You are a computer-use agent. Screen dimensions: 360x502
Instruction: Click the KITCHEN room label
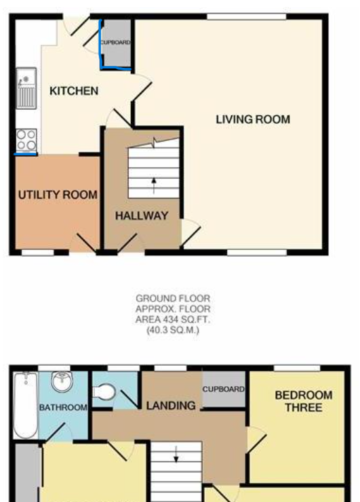coord(74,91)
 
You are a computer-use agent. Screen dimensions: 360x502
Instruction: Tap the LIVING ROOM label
coord(253,119)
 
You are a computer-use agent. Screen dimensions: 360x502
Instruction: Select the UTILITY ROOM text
coord(58,194)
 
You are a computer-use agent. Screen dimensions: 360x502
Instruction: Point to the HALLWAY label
coord(142,216)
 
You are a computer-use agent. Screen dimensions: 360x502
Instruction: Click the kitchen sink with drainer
coord(26,88)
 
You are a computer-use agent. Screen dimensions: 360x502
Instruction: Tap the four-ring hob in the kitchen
coord(26,140)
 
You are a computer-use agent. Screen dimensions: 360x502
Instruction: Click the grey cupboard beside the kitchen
coord(117,44)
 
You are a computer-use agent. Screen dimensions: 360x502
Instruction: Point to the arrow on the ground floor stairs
coord(154,186)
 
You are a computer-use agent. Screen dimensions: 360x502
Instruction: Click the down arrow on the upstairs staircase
coord(176,455)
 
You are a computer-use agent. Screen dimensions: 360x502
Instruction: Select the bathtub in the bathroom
coord(26,405)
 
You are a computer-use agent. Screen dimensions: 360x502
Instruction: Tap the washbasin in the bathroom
coord(62,381)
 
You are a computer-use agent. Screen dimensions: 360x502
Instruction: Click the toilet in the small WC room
coord(104,392)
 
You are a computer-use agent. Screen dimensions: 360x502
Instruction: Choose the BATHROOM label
coord(63,408)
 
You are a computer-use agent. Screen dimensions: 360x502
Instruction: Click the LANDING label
coord(171,406)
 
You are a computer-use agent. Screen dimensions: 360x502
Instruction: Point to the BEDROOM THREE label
coord(304,401)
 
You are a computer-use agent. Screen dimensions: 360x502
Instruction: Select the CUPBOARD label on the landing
coord(223,390)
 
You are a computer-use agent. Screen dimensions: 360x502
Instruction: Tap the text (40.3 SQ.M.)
coord(173,330)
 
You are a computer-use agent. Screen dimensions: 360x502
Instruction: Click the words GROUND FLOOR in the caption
coord(173,299)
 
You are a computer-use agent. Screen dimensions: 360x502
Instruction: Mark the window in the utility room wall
coord(38,253)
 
